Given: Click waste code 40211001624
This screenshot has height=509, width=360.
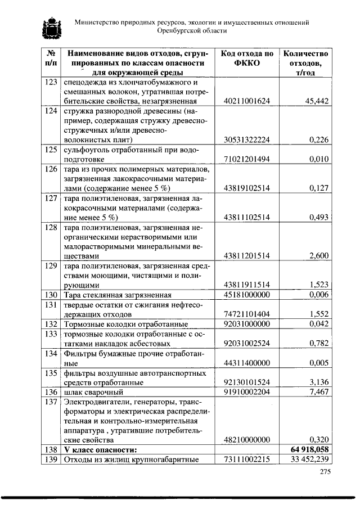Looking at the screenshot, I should (247, 101).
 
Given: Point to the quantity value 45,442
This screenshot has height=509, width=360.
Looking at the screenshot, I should (317, 101).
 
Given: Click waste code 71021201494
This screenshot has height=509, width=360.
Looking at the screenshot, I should (247, 159).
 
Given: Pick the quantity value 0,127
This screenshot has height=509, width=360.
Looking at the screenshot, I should (319, 188).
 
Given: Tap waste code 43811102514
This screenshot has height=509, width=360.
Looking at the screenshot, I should (247, 217).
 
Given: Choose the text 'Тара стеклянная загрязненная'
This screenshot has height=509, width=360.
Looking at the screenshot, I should (117, 295).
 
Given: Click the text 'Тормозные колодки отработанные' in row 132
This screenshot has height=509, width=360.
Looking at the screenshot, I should (125, 324).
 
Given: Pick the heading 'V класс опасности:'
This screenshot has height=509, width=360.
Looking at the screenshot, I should (99, 450).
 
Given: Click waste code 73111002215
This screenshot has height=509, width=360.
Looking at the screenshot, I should (247, 460).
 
